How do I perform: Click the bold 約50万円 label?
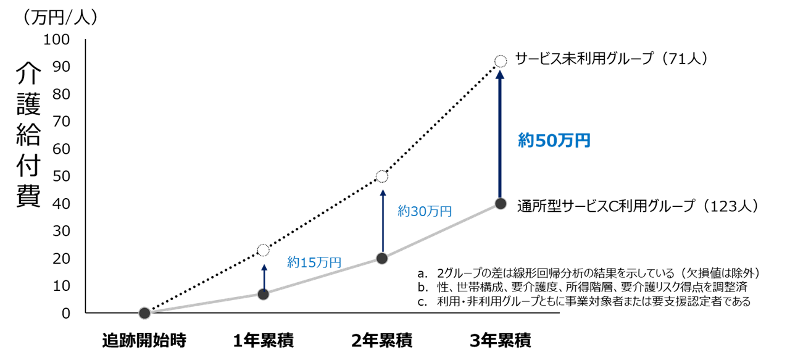[554, 141]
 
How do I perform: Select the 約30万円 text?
[425, 211]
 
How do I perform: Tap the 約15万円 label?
[314, 262]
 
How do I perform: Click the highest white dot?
[501, 61]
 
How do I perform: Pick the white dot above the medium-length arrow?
[382, 177]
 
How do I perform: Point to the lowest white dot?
[264, 250]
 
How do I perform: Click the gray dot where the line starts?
[144, 313]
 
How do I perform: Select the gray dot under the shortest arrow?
[264, 294]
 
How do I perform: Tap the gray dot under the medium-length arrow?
[382, 258]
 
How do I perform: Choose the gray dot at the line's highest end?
[501, 204]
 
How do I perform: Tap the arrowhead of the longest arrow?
[500, 74]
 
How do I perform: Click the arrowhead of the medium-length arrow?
[383, 193]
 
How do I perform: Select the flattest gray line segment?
[204, 304]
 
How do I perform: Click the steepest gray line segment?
[441, 231]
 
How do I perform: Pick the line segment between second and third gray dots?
[323, 276]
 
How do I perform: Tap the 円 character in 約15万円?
[335, 262]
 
